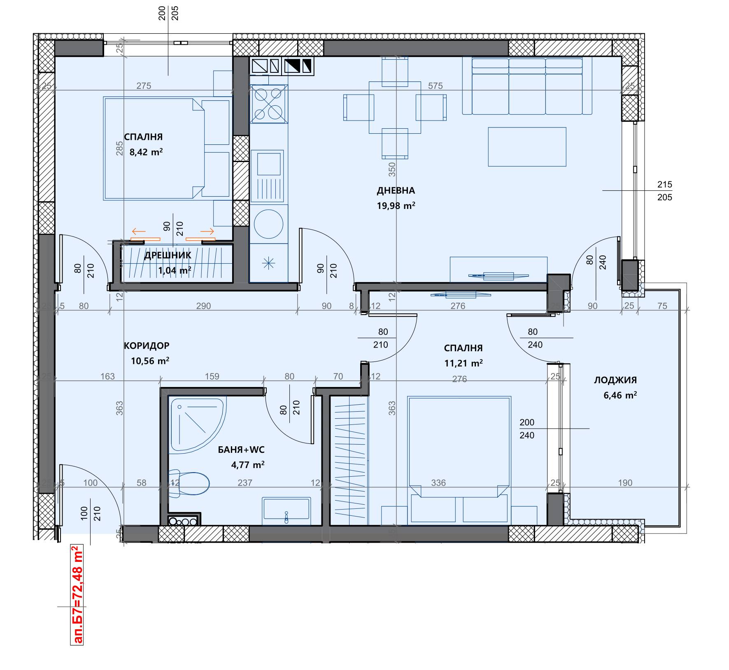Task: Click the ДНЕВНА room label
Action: point(396,190)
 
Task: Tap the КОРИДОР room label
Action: point(147,346)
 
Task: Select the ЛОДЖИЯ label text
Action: point(615,380)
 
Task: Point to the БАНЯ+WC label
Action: point(241,450)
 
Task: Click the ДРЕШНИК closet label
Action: point(168,255)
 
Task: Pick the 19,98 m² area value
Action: point(396,206)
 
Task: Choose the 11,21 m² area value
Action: point(463,363)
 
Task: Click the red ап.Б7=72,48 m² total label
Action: point(77,594)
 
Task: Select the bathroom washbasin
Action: point(286,509)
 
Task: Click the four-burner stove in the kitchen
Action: point(269,104)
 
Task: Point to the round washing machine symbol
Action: point(268,224)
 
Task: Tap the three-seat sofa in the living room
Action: point(527,86)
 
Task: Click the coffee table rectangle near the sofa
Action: point(527,147)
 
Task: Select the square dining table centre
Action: point(395,107)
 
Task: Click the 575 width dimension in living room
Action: point(435,86)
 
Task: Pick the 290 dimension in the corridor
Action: point(203,306)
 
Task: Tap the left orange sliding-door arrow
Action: point(139,232)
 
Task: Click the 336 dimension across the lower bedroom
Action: point(438,482)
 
